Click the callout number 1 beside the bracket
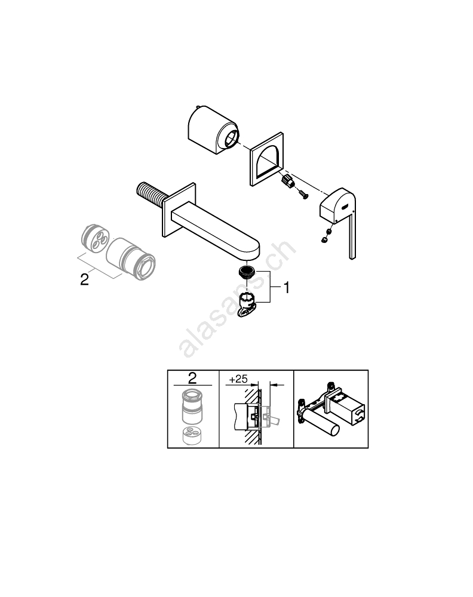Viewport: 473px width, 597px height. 287,288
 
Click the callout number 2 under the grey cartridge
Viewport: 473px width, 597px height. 84,279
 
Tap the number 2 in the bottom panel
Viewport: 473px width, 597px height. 192,378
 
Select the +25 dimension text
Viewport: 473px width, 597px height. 238,379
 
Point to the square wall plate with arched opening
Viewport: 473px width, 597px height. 266,159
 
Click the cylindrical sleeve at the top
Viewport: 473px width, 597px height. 213,130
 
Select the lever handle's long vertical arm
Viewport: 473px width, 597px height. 352,232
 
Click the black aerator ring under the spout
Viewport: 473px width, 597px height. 247,272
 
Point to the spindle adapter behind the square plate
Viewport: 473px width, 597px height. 288,181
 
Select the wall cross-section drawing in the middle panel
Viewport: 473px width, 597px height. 257,414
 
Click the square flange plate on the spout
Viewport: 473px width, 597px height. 179,210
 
